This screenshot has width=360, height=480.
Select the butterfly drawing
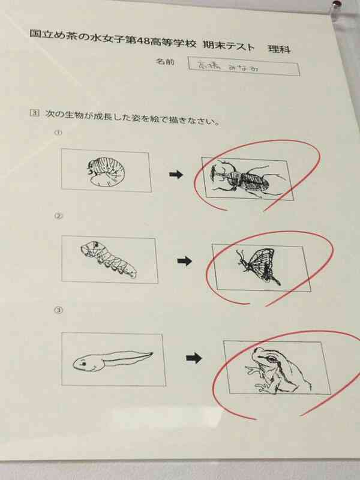pos(256,265)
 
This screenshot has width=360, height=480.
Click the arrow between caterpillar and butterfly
pos(185,261)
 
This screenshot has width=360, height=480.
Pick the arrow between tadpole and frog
pos(193,358)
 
